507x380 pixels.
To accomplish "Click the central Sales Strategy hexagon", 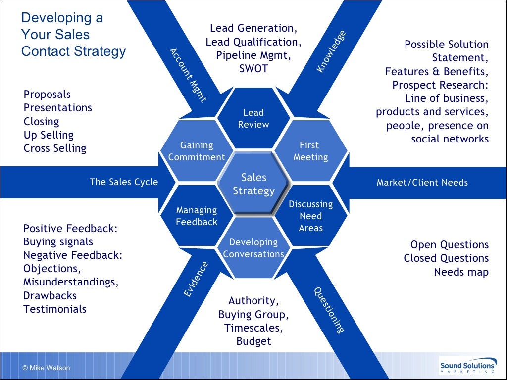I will (253, 184).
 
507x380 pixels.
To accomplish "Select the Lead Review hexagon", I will (253, 119).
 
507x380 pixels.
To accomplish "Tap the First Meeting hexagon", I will (310, 151).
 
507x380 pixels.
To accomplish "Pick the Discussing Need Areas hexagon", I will (310, 216).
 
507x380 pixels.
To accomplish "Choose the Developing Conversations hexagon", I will (253, 248).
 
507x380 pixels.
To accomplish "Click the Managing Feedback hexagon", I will (197, 216).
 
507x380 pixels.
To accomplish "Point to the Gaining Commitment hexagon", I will (197, 151).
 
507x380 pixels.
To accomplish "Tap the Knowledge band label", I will (331, 51).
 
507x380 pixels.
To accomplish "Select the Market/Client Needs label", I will (422, 183).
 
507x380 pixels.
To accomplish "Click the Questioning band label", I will (329, 310).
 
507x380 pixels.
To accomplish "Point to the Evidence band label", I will (196, 280).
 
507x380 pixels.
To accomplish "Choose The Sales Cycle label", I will (124, 182).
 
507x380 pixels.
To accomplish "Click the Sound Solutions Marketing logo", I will (467, 367).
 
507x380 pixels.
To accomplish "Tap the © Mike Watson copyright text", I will (47, 368).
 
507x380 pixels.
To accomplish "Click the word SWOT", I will (253, 69).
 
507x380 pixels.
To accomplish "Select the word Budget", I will (253, 341).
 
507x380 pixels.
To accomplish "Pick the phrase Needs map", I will (461, 272).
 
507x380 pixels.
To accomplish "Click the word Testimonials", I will (55, 309).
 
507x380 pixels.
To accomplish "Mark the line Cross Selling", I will (55, 148).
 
